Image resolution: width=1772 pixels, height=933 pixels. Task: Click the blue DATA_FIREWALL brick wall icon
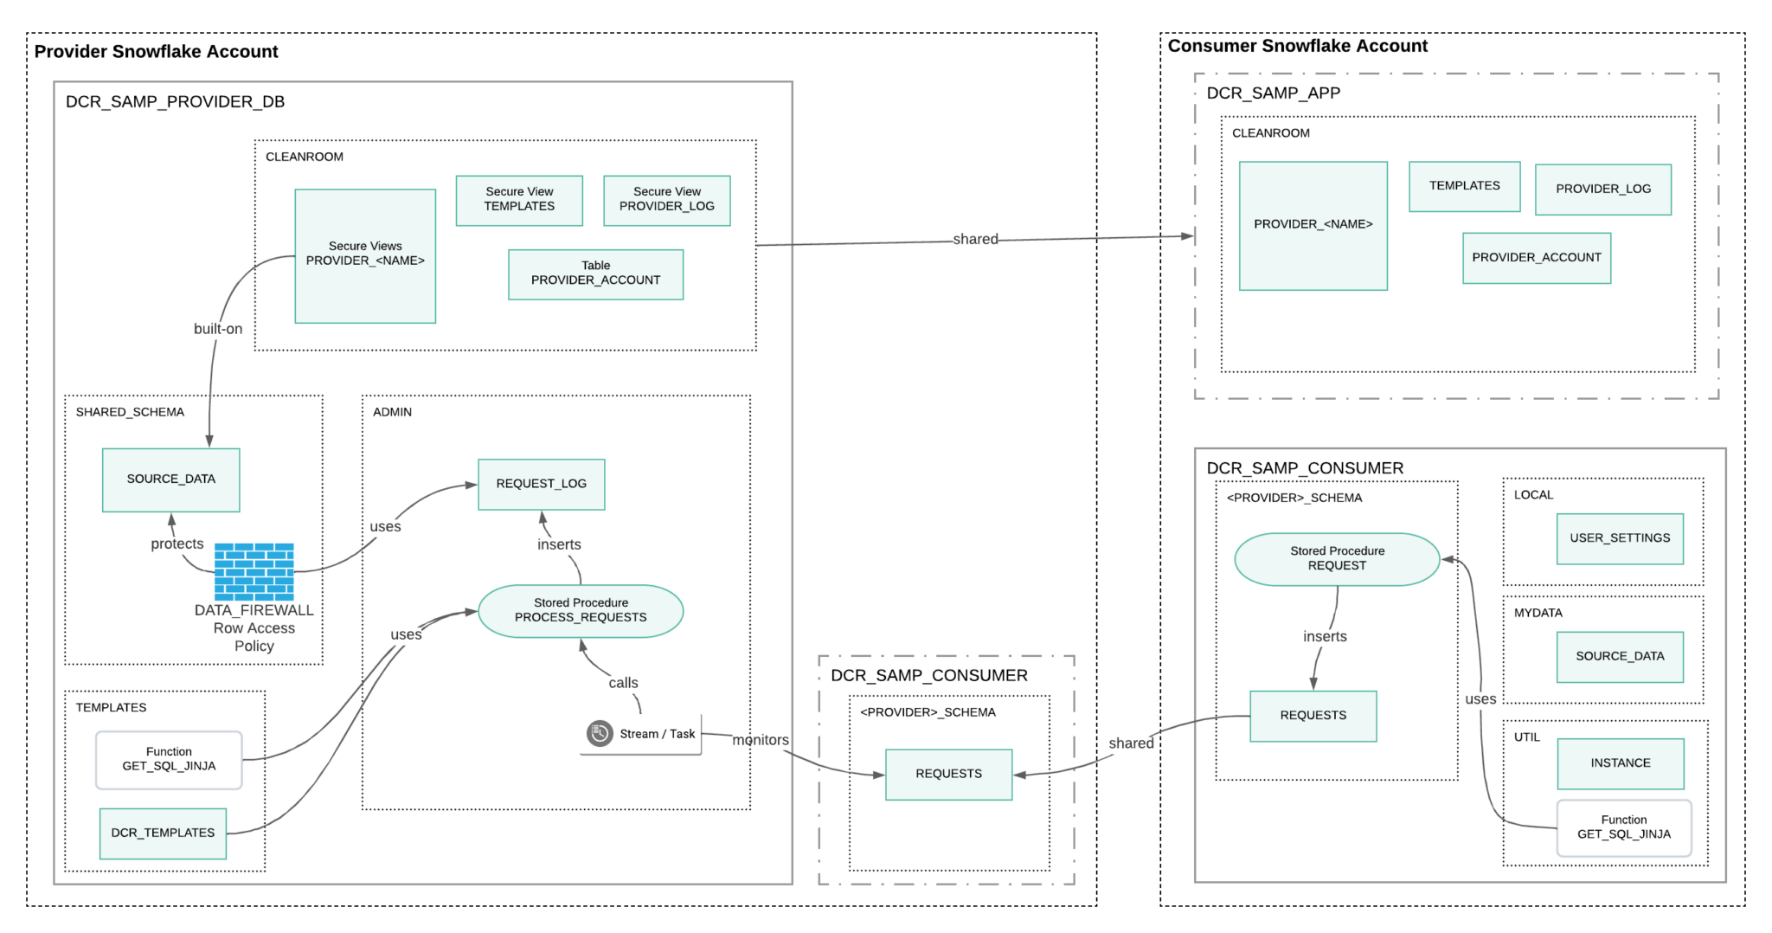254,571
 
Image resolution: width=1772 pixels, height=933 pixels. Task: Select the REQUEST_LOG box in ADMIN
541,484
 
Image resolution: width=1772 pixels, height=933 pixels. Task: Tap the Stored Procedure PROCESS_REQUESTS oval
581,611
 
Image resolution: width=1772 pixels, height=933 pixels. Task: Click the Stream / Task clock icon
599,733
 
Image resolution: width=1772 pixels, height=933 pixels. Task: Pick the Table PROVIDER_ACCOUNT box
595,274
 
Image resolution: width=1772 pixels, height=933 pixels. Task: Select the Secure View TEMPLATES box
519,200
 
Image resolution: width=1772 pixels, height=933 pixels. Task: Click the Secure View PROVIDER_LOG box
666,200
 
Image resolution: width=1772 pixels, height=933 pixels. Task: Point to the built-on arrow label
218,329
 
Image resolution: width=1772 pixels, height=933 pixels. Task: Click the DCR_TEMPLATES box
163,833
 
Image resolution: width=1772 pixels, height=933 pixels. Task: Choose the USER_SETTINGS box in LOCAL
1620,538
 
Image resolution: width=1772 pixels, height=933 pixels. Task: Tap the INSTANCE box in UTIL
1620,763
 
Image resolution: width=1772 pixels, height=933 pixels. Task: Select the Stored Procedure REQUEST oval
1337,559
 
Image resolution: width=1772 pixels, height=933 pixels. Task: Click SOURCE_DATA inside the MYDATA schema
1620,656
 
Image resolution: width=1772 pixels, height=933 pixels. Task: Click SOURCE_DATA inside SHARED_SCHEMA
170,479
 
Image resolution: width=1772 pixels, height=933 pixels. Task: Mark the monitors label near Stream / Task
761,740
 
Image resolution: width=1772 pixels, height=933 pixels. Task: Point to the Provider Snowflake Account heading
156,52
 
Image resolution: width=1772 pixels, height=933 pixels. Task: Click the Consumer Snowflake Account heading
1297,47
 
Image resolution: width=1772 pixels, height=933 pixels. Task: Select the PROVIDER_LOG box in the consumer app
1602,190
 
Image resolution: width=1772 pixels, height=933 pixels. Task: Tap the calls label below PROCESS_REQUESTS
623,683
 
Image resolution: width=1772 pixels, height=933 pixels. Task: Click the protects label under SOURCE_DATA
177,544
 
